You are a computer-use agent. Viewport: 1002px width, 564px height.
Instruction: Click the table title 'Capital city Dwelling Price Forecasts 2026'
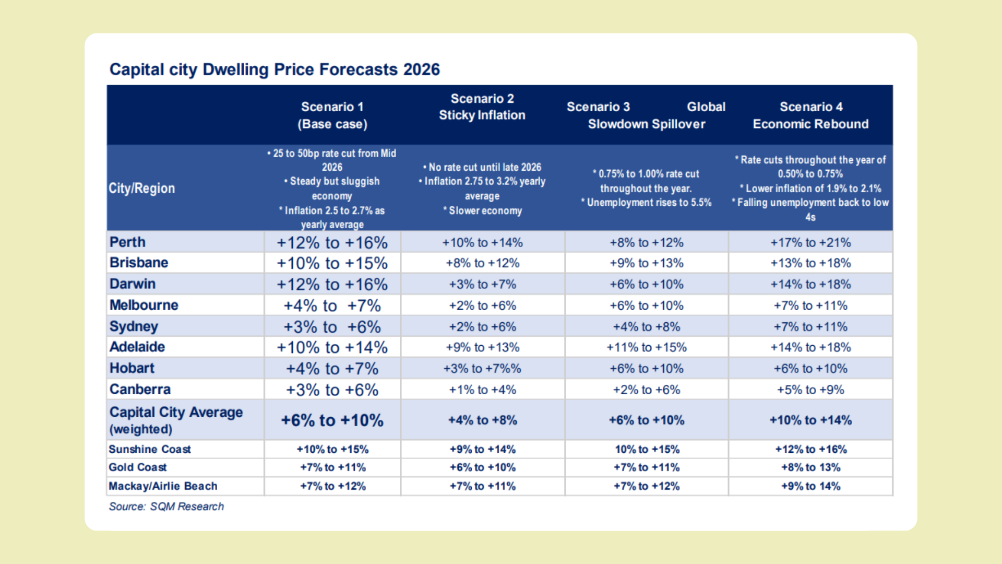click(x=275, y=69)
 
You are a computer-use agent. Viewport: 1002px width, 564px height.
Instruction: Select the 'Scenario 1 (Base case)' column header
click(x=332, y=115)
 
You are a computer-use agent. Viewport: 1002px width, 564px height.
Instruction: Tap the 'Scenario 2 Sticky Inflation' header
click(x=482, y=107)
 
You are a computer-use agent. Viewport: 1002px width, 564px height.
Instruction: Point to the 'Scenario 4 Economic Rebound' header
click(x=810, y=115)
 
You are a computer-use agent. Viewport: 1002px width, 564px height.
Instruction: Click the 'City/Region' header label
click(x=141, y=189)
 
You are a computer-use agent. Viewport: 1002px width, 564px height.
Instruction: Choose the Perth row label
click(x=127, y=242)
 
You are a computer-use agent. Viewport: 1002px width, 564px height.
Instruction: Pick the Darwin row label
click(x=133, y=284)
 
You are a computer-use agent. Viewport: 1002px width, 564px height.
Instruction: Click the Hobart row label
click(x=132, y=368)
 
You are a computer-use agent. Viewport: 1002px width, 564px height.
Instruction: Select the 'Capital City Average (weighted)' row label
click(x=176, y=420)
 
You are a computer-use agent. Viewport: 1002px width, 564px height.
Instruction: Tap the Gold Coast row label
click(x=138, y=467)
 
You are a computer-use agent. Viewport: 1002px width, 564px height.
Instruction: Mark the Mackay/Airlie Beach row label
click(x=163, y=486)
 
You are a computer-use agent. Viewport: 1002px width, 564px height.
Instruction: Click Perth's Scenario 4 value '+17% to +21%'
click(x=810, y=243)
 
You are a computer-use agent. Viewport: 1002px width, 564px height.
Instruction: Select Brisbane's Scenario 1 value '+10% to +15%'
click(x=332, y=263)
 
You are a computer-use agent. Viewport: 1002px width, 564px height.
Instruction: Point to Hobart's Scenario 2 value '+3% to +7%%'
click(x=482, y=369)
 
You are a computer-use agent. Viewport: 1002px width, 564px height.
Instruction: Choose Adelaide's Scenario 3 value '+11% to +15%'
click(x=647, y=347)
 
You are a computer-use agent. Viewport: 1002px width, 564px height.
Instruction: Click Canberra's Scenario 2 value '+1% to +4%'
click(x=482, y=390)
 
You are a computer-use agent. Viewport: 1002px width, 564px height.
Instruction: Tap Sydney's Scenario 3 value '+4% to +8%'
click(x=647, y=327)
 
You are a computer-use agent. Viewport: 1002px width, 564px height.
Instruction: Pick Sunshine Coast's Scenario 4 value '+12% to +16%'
click(x=810, y=450)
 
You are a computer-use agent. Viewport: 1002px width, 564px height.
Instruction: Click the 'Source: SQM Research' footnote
click(x=166, y=507)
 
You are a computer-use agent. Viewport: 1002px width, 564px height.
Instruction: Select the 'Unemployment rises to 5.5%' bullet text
click(x=649, y=203)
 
